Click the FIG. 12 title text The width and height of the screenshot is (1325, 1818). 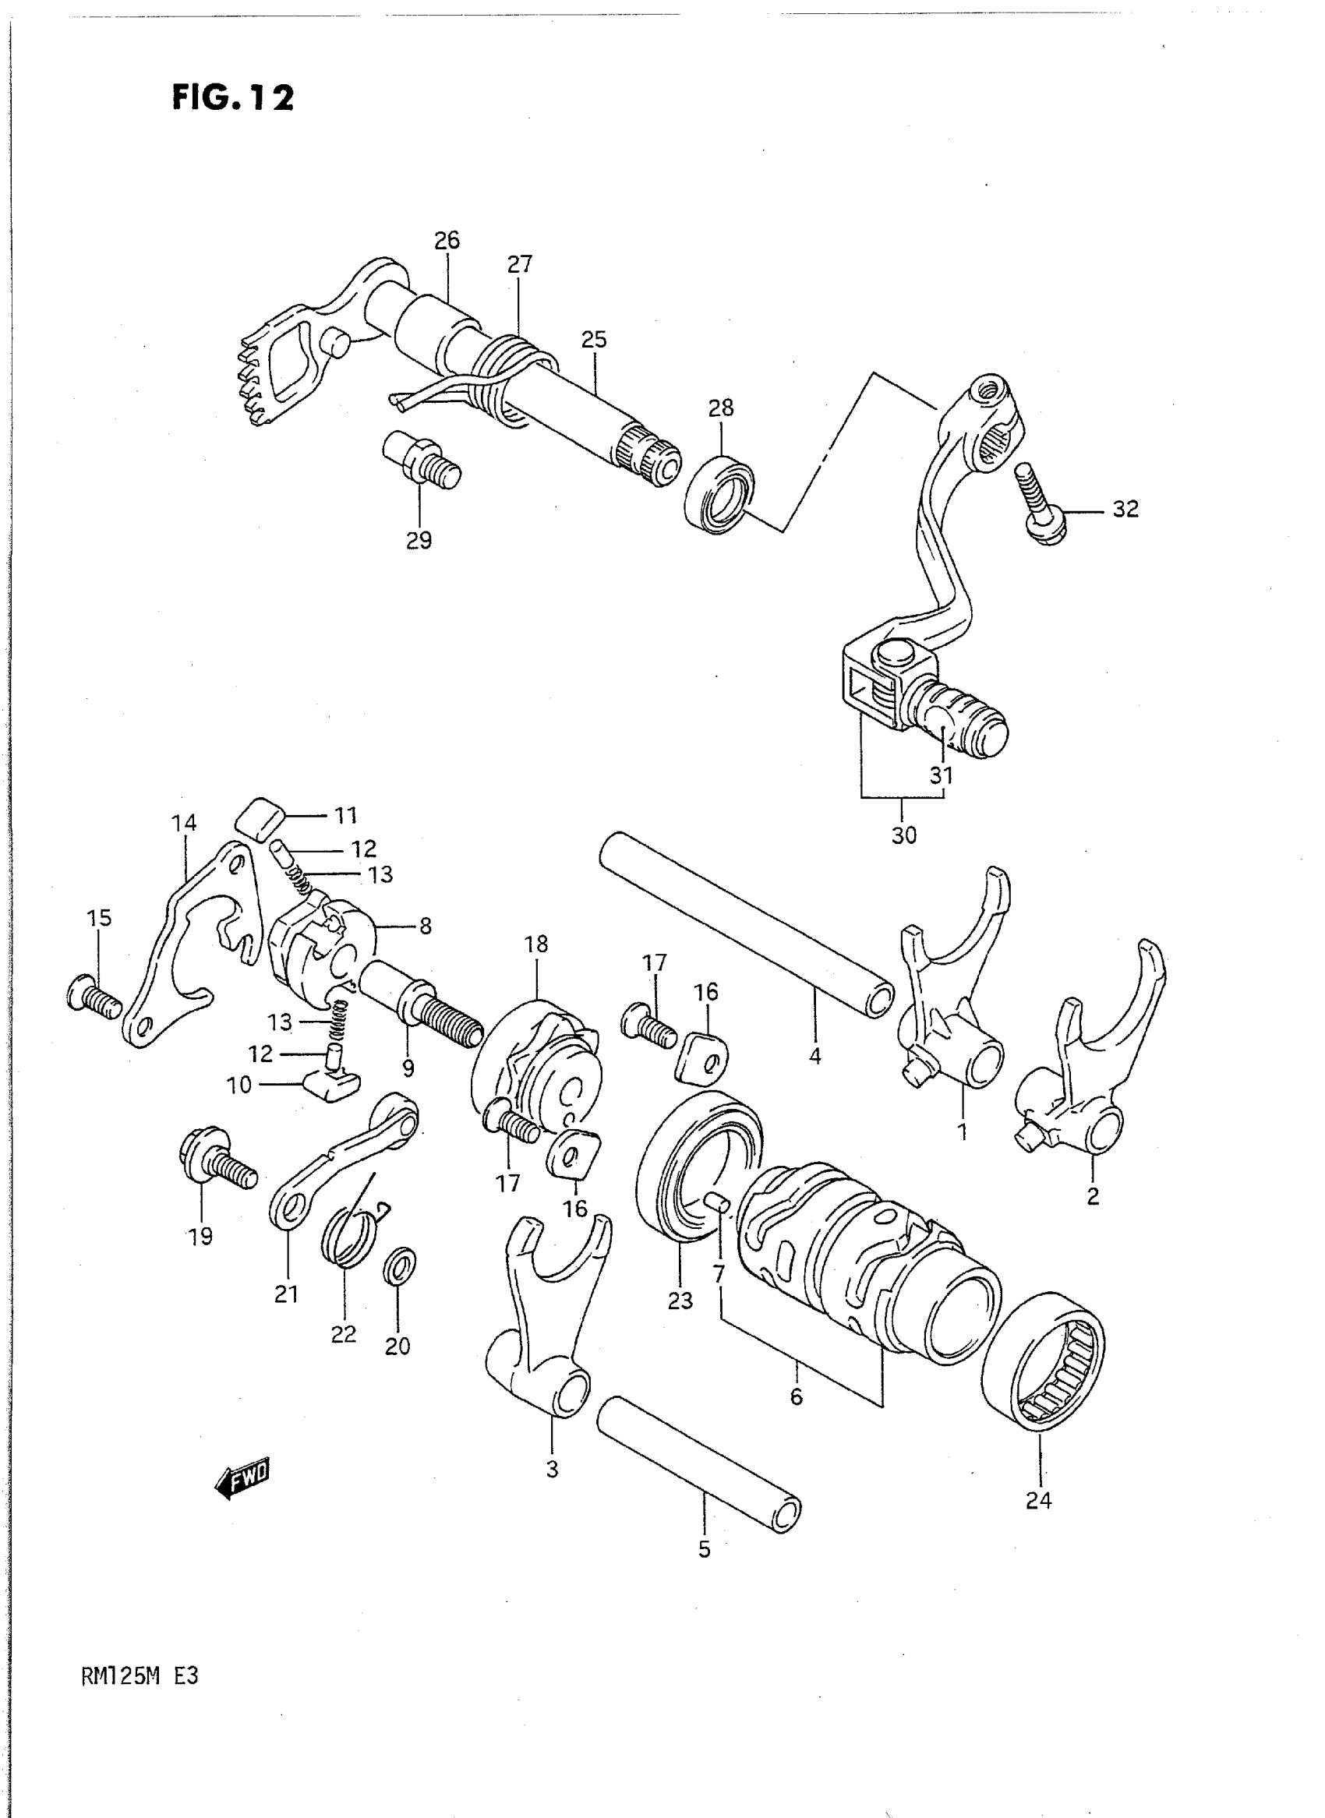tap(232, 98)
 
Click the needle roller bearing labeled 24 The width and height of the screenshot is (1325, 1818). tap(1043, 1361)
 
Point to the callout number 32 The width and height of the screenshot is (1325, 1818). tap(1125, 509)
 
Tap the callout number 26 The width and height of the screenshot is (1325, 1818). tap(447, 240)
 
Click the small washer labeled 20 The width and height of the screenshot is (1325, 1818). tap(400, 1266)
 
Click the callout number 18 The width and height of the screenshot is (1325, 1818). tap(535, 944)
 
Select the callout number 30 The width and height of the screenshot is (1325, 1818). tap(903, 835)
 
